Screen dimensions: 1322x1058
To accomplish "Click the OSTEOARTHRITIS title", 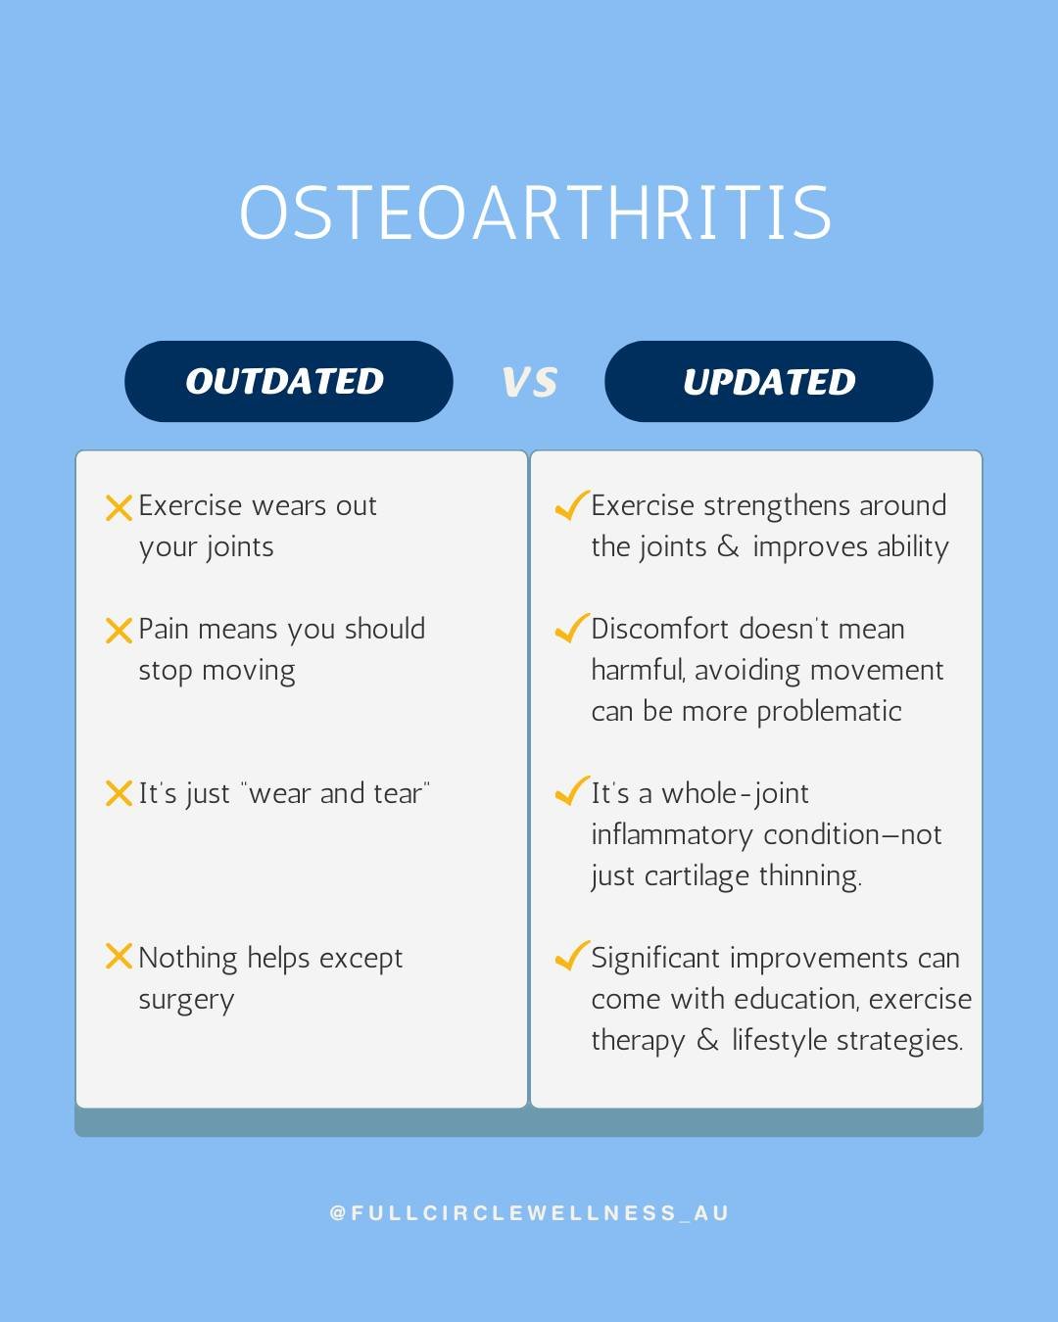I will (535, 213).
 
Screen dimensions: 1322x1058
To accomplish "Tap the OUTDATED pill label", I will (285, 382).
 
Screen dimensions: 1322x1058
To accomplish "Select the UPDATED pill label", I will (769, 382).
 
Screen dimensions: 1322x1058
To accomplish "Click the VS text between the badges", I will (530, 382).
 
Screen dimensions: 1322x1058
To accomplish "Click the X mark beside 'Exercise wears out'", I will (119, 507).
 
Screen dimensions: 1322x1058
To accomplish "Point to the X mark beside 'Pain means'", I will (119, 631).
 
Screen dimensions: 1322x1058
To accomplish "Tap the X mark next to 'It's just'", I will (119, 793).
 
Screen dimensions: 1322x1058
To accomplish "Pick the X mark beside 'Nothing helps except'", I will (119, 957).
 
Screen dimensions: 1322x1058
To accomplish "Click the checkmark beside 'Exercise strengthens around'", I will (571, 505).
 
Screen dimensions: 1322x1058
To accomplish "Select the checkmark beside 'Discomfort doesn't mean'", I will (571, 629).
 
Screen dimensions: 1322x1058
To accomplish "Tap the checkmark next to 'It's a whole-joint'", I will (571, 791).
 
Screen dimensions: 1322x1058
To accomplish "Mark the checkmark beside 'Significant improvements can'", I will (571, 956).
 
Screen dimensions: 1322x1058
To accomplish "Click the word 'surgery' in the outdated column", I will (186, 1001).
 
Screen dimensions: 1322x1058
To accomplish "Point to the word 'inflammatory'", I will (672, 835).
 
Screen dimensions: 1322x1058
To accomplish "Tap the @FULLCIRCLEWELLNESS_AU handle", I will (530, 1213).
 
